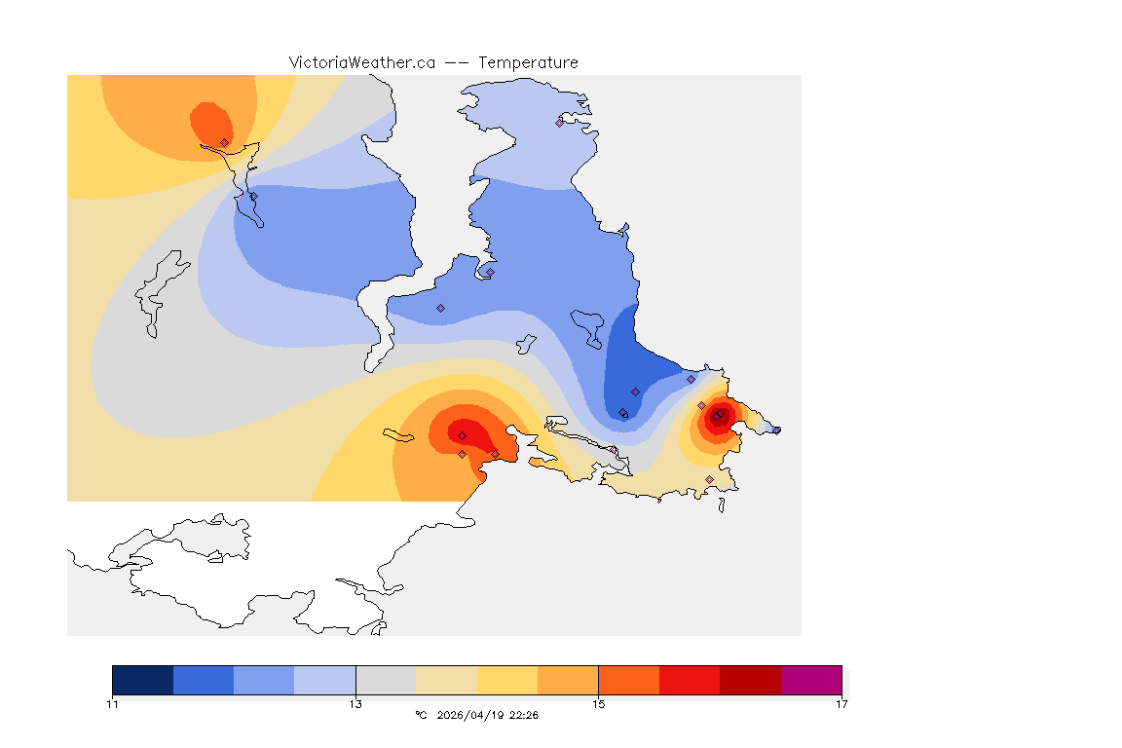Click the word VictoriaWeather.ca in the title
click(361, 62)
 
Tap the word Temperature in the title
click(528, 62)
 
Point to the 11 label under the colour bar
click(113, 704)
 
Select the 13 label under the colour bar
click(355, 704)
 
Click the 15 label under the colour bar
click(598, 704)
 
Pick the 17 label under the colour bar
click(841, 704)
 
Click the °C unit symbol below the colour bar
click(421, 715)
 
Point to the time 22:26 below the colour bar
click(524, 715)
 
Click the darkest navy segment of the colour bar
click(143, 680)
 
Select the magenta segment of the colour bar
click(810, 680)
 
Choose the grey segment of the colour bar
click(386, 680)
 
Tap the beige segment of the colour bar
click(446, 680)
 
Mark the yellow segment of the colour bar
click(507, 680)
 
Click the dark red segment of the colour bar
click(750, 680)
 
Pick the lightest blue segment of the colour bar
click(325, 680)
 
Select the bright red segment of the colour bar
click(690, 680)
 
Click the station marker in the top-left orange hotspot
click(225, 142)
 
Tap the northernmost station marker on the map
click(560, 123)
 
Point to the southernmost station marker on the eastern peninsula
click(709, 479)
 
